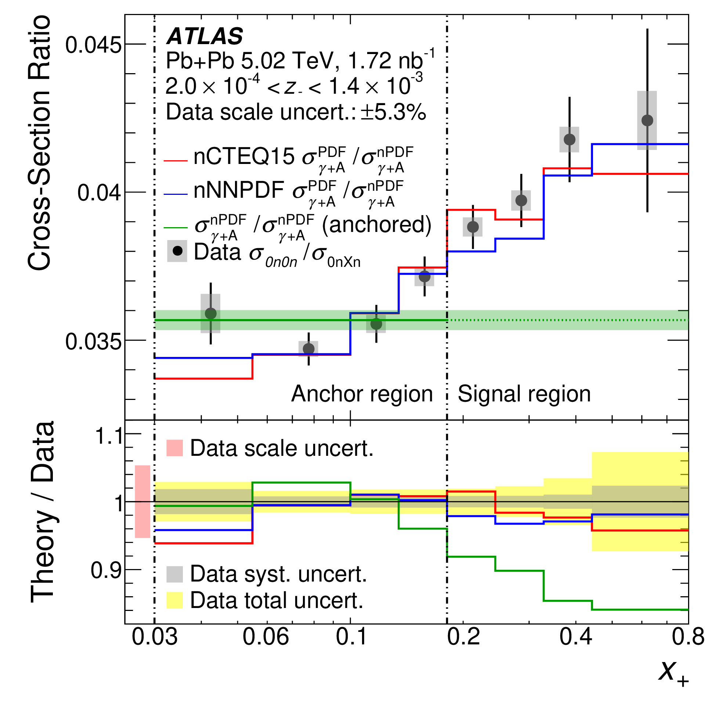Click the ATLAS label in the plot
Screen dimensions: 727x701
205,36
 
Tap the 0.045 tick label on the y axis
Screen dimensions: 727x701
94,45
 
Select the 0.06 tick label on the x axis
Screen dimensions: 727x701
265,637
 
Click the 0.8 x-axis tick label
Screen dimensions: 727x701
688,637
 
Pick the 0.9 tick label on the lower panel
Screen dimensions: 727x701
106,570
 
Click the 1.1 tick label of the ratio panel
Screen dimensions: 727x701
108,436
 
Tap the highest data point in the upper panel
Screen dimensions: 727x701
647,120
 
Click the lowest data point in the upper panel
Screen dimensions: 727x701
308,348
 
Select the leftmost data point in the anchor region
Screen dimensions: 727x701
211,313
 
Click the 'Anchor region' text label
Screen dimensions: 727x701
362,394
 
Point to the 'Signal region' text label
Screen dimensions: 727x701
524,394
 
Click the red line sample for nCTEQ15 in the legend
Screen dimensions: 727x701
176,161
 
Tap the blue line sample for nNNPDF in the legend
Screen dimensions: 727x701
176,194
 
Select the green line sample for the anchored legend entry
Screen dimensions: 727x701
176,227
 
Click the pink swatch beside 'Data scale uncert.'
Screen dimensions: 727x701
175,448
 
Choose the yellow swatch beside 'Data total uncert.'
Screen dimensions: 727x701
175,600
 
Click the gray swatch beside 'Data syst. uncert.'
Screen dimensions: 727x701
175,575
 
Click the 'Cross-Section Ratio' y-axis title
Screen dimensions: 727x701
39,143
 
